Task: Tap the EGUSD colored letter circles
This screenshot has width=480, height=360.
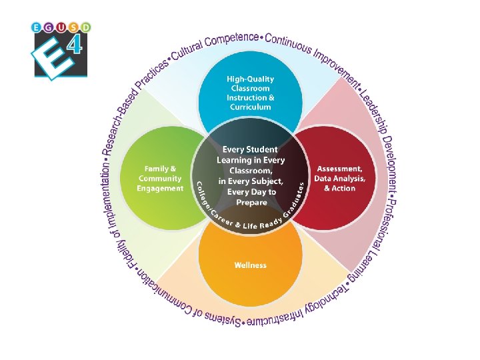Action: coord(61,27)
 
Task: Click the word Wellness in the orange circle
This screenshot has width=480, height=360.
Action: coord(250,265)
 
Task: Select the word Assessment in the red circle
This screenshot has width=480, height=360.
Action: coord(339,169)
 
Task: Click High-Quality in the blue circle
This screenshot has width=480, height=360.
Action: coord(250,79)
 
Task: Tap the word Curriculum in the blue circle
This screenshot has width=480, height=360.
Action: coord(250,107)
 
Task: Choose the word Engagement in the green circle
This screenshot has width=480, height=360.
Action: coord(160,188)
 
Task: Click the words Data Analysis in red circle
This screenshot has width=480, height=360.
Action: coord(341,179)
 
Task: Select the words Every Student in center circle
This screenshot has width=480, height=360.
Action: coord(251,150)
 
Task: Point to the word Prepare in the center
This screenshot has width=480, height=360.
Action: coord(251,202)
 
